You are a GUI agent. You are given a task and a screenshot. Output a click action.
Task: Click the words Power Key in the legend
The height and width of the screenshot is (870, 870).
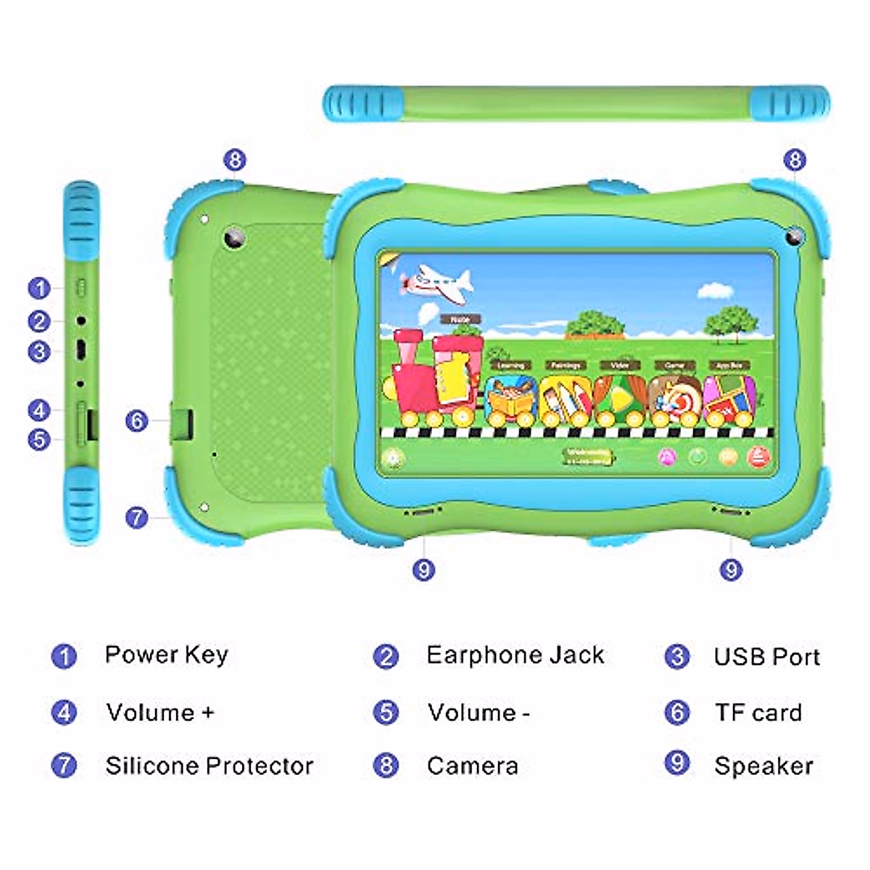(x=166, y=655)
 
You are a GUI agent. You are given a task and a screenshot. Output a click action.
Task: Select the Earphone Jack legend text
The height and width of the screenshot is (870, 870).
(x=515, y=655)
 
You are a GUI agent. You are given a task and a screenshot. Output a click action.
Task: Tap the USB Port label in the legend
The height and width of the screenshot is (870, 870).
(x=766, y=657)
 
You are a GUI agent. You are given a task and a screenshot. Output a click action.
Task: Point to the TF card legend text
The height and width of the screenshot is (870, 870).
(x=758, y=713)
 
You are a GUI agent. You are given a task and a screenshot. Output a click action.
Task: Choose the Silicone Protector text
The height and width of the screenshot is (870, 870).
(x=209, y=766)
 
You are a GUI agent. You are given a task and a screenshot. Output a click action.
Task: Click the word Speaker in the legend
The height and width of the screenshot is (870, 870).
(x=763, y=766)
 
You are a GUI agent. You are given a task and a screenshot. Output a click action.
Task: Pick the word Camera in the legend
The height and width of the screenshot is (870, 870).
(x=472, y=766)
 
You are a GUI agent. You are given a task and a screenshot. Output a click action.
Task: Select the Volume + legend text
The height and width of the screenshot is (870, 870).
(x=159, y=712)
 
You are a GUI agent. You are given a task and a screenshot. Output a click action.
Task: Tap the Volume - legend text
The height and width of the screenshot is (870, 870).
(x=478, y=712)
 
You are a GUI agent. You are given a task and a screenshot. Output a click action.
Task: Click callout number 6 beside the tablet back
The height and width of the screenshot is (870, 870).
(x=136, y=420)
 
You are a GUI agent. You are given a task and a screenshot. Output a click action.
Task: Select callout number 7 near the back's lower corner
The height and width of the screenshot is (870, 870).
(x=136, y=518)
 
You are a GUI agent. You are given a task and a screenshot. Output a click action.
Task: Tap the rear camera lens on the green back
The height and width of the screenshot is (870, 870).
(x=234, y=239)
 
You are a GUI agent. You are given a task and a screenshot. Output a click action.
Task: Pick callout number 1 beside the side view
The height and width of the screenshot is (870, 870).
(x=39, y=288)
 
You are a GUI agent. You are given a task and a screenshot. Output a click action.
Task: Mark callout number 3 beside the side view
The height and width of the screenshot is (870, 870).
(x=39, y=352)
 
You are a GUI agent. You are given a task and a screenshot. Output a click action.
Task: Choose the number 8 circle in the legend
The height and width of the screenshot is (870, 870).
(x=386, y=765)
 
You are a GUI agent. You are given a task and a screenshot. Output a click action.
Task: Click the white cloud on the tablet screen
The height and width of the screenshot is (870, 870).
(x=716, y=291)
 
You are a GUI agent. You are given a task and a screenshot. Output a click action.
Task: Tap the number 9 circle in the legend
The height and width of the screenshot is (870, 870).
(x=676, y=763)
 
